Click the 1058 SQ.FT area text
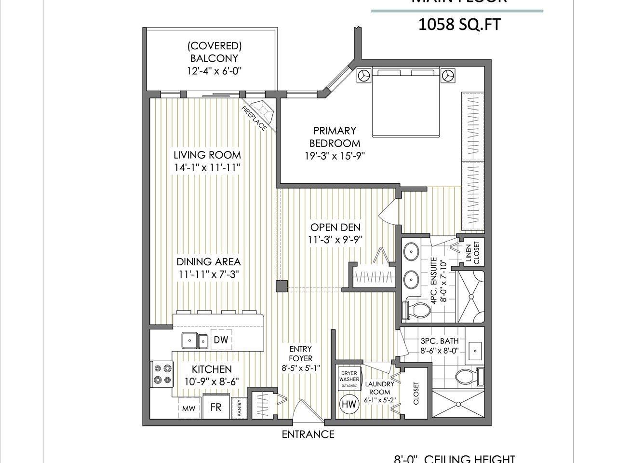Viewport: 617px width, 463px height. point(456,25)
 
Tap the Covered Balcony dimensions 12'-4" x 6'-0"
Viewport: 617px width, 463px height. point(214,71)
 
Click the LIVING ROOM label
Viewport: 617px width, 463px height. point(207,155)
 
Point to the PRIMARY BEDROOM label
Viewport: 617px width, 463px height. point(335,136)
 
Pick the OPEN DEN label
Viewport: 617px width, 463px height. point(335,227)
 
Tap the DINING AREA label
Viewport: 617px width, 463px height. point(208,262)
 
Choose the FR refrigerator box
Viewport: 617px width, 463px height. point(215,407)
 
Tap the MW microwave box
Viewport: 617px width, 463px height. point(188,409)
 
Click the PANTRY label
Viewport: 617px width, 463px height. point(239,409)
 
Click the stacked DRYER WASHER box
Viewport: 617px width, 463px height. point(349,379)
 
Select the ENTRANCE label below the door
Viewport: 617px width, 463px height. point(308,434)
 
